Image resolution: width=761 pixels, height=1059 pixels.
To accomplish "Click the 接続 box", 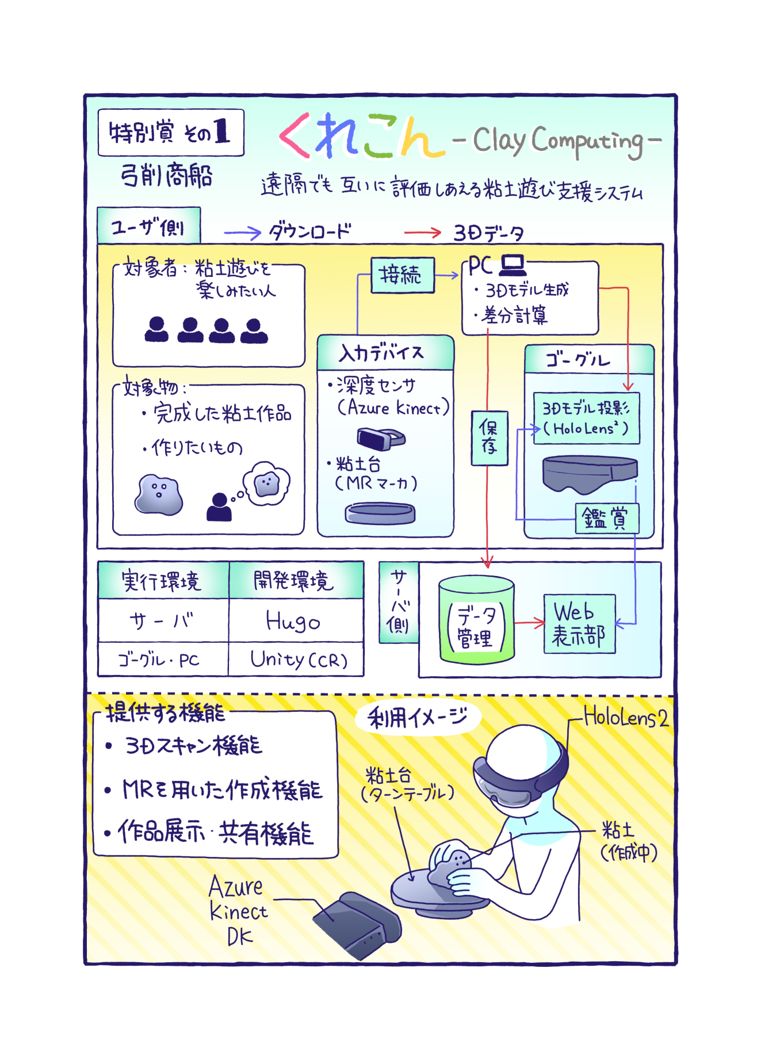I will click(x=402, y=275).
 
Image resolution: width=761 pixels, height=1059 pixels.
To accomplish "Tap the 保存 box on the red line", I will click(x=489, y=437).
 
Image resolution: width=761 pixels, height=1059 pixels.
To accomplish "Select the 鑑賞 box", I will click(x=606, y=518).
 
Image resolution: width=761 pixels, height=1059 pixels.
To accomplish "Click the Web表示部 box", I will click(x=579, y=623).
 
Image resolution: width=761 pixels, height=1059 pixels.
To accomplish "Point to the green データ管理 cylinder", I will click(x=476, y=619).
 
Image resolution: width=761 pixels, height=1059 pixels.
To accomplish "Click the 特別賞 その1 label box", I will click(x=171, y=132).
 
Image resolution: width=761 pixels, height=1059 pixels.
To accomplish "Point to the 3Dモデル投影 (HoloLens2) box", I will click(x=586, y=418).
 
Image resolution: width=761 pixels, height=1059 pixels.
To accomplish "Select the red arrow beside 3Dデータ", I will click(x=422, y=233).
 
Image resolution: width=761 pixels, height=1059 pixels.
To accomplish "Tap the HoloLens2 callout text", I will click(x=626, y=718).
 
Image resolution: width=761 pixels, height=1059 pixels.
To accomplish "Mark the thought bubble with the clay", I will click(x=266, y=483).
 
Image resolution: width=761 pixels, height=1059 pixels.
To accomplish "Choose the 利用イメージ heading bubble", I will click(x=418, y=717).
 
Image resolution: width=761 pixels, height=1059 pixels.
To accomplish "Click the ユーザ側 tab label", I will click(x=148, y=226).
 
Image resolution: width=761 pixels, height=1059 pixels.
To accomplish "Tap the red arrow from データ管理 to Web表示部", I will click(x=529, y=622).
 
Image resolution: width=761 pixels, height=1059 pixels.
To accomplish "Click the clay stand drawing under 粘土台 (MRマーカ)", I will click(x=380, y=512).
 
